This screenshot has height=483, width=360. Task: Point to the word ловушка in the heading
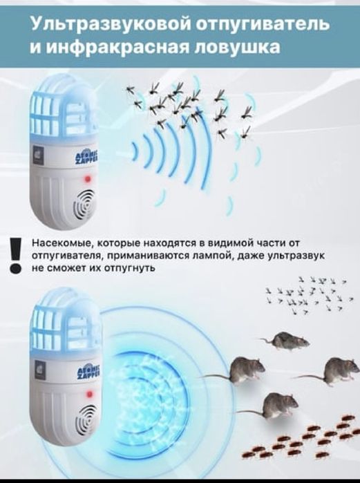pos(245,48)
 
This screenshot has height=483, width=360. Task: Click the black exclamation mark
pos(15,255)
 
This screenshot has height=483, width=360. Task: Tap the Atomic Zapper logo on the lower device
pos(86,375)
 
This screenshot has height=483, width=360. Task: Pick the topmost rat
pos(287,339)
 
